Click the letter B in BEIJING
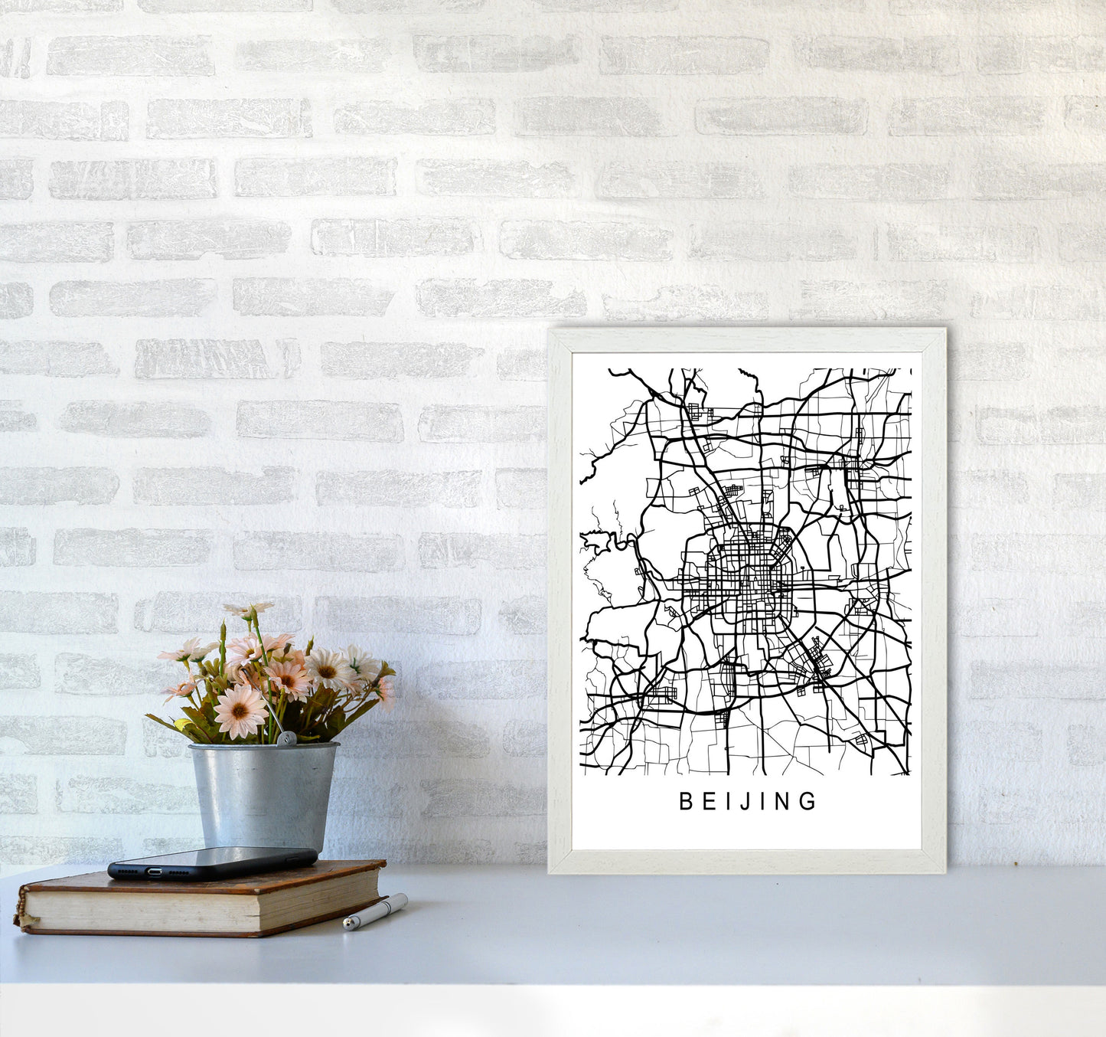click(x=685, y=801)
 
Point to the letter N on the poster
click(x=785, y=801)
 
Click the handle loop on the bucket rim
click(x=286, y=738)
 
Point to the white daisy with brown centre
click(x=329, y=669)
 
